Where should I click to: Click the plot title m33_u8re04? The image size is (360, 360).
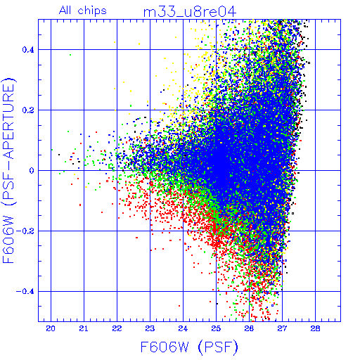[190, 12]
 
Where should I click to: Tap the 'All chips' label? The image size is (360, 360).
[83, 11]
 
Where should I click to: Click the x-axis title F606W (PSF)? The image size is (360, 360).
[189, 347]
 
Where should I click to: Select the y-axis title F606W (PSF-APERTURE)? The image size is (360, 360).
[9, 170]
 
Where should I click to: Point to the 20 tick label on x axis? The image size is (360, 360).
[51, 328]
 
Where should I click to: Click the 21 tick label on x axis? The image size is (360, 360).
[84, 328]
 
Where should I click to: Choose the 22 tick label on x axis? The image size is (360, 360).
[117, 328]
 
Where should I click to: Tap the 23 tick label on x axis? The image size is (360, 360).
[150, 328]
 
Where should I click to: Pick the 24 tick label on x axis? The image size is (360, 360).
[183, 328]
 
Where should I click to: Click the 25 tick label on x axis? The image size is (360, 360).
[216, 328]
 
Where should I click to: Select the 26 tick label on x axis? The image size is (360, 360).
[249, 328]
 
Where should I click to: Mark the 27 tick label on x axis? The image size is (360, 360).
[282, 328]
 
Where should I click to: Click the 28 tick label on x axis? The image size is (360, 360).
[315, 328]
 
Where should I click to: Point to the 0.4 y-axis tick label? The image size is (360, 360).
[28, 50]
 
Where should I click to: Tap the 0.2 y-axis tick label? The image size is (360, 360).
[28, 110]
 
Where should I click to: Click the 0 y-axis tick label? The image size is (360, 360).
[32, 171]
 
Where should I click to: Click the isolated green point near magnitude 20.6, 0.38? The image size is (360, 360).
[70, 55]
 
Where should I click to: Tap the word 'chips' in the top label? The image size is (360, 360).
[92, 11]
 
